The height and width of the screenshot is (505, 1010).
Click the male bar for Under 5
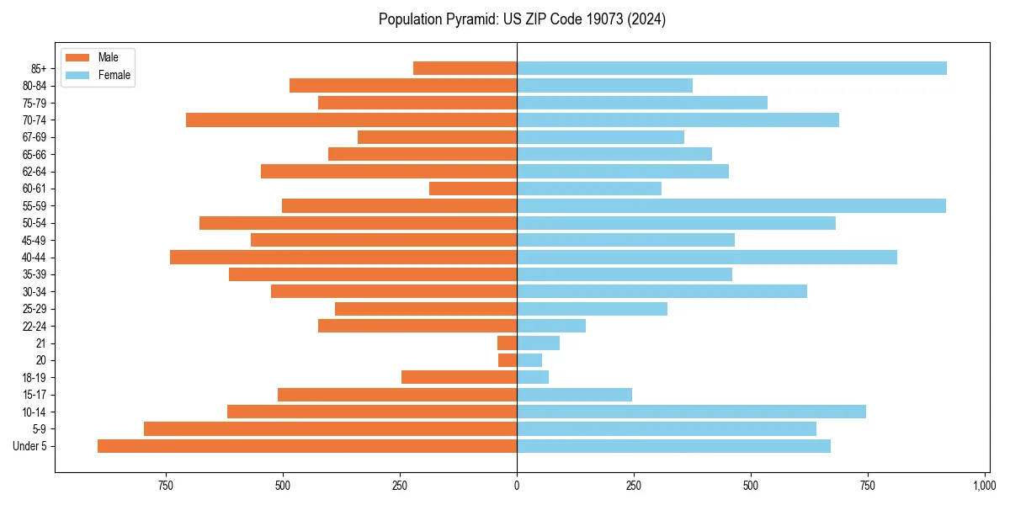307,446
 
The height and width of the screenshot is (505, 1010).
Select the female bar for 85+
731,68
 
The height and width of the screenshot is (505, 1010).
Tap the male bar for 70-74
351,120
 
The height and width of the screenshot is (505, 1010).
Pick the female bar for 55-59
731,205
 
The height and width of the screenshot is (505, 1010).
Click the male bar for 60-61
473,189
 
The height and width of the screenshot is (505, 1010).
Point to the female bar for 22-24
551,326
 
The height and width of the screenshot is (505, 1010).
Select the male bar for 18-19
459,377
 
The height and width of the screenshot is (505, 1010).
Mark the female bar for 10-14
691,412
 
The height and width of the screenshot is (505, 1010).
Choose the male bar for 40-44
343,257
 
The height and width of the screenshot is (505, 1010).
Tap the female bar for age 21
538,343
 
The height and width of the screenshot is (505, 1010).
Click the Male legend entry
108,57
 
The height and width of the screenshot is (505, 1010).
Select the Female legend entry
114,75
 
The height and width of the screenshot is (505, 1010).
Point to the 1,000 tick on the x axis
985,486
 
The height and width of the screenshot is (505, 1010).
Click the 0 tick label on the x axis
517,486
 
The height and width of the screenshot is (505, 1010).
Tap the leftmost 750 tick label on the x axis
166,486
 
